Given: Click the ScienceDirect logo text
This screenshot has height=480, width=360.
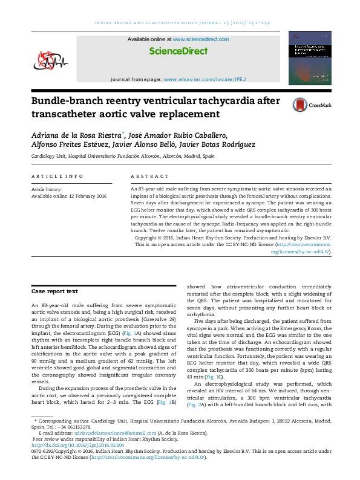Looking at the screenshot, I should click(178, 52).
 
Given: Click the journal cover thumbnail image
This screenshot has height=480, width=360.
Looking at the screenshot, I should click(309, 58).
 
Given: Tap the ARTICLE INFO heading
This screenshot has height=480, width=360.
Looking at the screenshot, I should click(58, 176).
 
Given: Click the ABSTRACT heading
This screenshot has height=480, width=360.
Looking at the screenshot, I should click(150, 176).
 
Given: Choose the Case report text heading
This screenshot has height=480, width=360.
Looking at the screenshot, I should click(54, 291).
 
